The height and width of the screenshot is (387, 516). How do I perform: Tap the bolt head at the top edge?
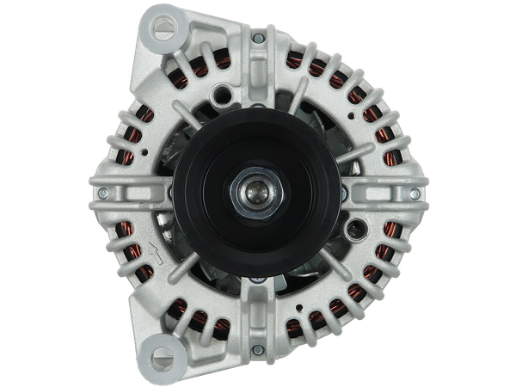(258, 39)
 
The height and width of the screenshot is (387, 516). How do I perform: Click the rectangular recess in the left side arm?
(129, 194)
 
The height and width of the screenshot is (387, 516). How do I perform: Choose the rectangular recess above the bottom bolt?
(258, 322)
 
